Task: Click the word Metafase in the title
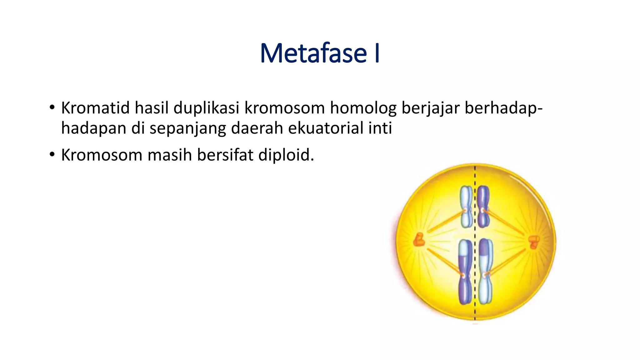pyautogui.click(x=313, y=53)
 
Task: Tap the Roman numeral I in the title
pyautogui.click(x=377, y=53)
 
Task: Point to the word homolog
pyautogui.click(x=363, y=108)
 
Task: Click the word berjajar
pyautogui.click(x=431, y=108)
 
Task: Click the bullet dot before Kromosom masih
pyautogui.click(x=52, y=154)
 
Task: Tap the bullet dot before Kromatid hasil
pyautogui.click(x=52, y=107)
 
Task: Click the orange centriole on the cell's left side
pyautogui.click(x=418, y=240)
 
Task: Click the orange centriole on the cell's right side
pyautogui.click(x=533, y=242)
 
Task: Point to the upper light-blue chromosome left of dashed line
pyautogui.click(x=466, y=206)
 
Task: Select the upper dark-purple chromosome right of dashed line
pyautogui.click(x=483, y=206)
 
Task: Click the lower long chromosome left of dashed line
pyautogui.click(x=465, y=272)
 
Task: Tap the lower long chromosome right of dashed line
pyautogui.click(x=485, y=272)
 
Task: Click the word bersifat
pyautogui.click(x=225, y=155)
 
